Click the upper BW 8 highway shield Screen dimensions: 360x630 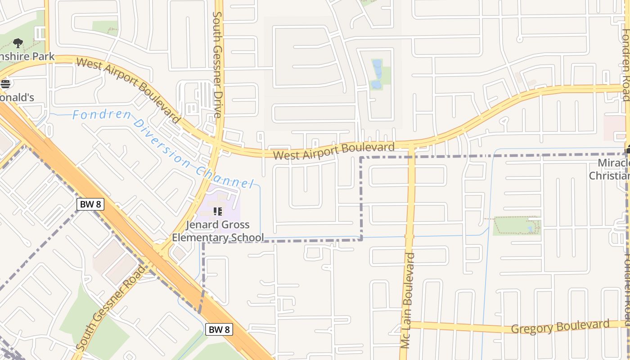pyautogui.click(x=90, y=204)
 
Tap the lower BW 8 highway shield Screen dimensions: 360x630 pyautogui.click(x=219, y=329)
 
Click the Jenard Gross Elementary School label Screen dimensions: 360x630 pyautogui.click(x=218, y=231)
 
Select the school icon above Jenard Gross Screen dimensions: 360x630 pyautogui.click(x=218, y=211)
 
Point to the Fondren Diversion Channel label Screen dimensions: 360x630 pyautogui.click(x=162, y=148)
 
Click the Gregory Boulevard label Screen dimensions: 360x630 pyautogui.click(x=560, y=327)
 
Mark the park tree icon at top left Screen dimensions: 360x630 pyautogui.click(x=18, y=43)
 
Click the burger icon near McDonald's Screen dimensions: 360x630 pyautogui.click(x=5, y=84)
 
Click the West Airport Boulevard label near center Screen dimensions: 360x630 pyautogui.click(x=334, y=151)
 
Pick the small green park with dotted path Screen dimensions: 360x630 pyautogui.click(x=517, y=226)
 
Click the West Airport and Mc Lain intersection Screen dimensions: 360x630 pyautogui.click(x=411, y=145)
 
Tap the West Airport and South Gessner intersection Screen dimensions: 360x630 pyautogui.click(x=217, y=147)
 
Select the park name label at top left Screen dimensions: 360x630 pyautogui.click(x=27, y=56)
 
